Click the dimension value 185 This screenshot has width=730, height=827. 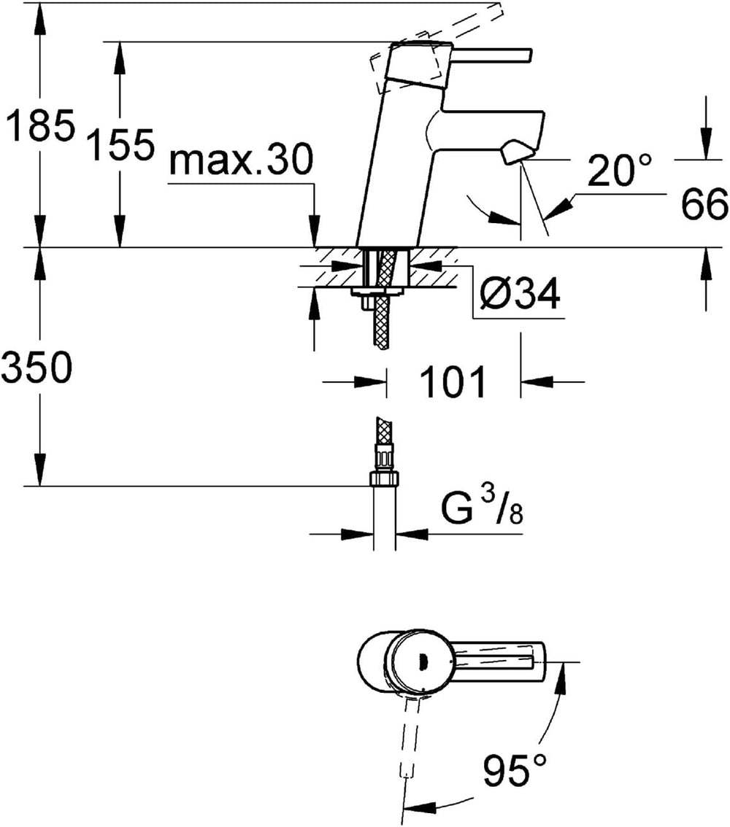[x=39, y=126]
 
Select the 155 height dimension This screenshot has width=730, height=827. [x=120, y=146]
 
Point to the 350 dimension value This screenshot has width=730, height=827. [x=36, y=368]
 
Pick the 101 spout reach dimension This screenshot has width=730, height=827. [x=452, y=382]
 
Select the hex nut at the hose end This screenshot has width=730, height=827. [x=384, y=479]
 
